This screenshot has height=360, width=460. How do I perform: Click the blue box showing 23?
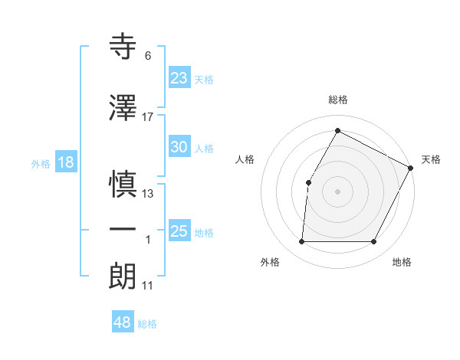(x=179, y=77)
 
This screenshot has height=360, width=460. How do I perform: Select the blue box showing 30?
(x=179, y=148)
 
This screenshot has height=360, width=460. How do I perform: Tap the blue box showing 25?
(x=179, y=231)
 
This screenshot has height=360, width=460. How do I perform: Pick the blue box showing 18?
(x=66, y=162)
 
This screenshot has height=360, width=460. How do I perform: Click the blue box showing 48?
(x=123, y=322)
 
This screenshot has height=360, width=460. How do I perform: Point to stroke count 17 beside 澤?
(x=148, y=116)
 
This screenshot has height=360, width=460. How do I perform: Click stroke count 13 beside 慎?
(x=148, y=193)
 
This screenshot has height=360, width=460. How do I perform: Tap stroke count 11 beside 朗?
(x=148, y=286)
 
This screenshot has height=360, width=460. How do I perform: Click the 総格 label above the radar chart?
(x=337, y=100)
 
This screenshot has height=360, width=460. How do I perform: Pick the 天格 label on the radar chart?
(x=431, y=159)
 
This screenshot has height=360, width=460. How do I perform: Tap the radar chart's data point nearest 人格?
(x=309, y=182)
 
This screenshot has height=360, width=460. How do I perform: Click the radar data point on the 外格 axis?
(x=301, y=242)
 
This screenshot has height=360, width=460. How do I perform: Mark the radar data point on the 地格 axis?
(x=374, y=242)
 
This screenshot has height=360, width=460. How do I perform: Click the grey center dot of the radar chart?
(x=337, y=191)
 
